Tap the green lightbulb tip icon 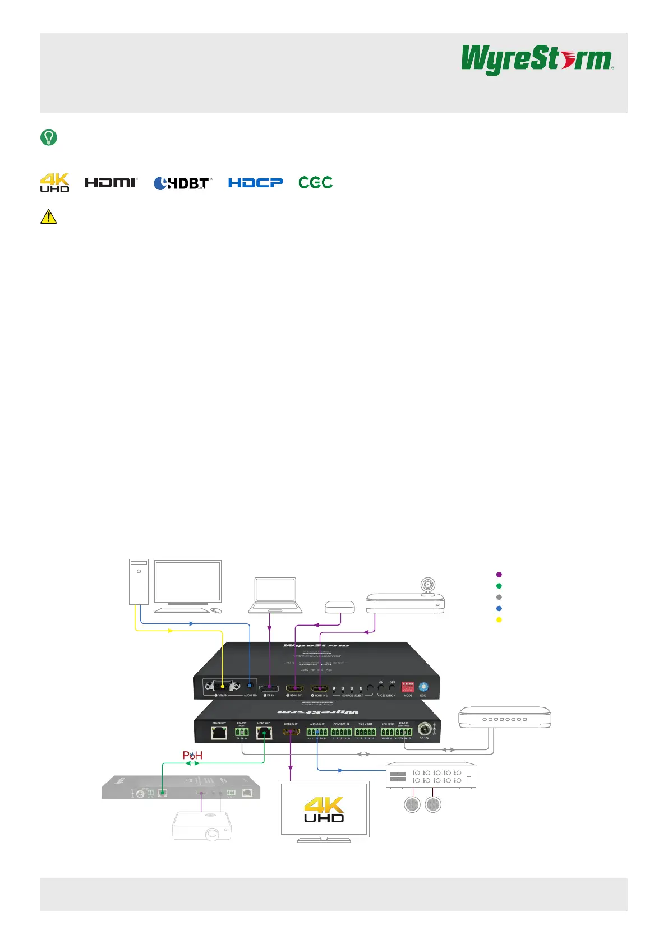[49, 137]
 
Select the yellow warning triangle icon [49, 216]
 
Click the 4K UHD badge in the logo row [54, 183]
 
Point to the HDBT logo [182, 183]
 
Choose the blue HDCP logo [255, 183]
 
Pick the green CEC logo [315, 182]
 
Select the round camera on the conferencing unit [428, 586]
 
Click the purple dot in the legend [499, 575]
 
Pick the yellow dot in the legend [499, 620]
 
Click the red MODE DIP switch [408, 687]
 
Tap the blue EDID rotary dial [423, 687]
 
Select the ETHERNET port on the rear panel [219, 732]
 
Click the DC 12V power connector [425, 729]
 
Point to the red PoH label [192, 756]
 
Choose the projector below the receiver [202, 826]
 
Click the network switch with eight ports [505, 718]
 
